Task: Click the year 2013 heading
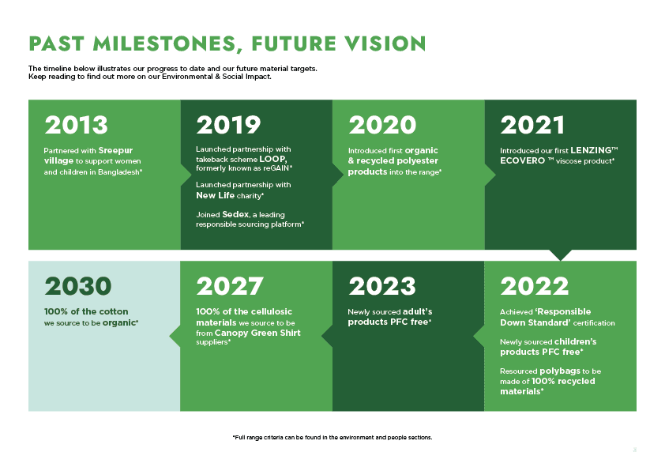[x=76, y=125]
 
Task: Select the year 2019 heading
[x=228, y=125]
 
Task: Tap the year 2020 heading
[x=381, y=125]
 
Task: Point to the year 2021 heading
[x=532, y=125]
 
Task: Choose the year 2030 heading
[x=77, y=285]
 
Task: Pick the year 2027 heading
[x=229, y=285]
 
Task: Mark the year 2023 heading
[x=381, y=285]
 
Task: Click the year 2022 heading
[x=534, y=285]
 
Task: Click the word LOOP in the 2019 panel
[x=272, y=159]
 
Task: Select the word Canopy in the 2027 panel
[x=234, y=333]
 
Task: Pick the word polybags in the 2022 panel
[x=565, y=371]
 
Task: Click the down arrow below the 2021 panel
[x=560, y=255]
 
